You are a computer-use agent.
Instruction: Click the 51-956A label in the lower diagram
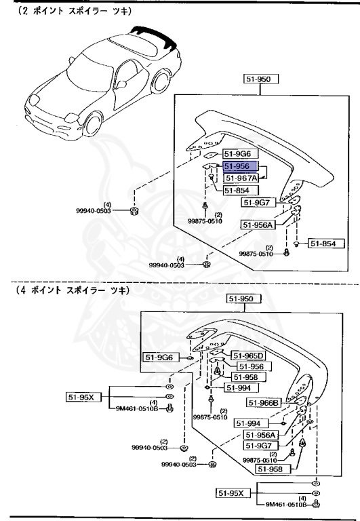260,435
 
